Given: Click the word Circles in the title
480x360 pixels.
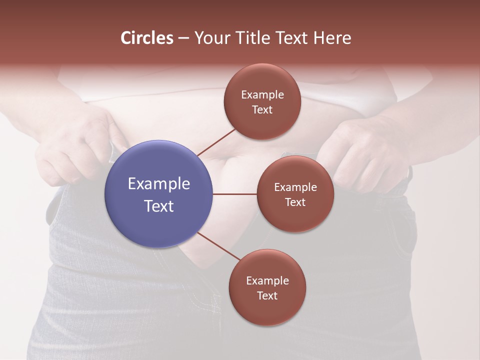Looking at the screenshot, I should coord(146,38).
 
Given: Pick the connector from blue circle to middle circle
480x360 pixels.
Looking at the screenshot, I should coord(235,194).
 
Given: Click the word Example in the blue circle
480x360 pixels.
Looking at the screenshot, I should coord(158,184).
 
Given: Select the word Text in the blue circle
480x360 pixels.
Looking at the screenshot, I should coord(158,206).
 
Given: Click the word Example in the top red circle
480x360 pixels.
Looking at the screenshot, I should coord(262,95).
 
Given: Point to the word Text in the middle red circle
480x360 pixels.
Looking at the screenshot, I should coord(295,202).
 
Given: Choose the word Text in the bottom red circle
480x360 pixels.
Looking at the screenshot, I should coord(267,296).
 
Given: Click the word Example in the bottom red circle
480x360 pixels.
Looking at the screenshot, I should coord(267,281).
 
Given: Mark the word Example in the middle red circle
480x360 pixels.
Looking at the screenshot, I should coord(295,187).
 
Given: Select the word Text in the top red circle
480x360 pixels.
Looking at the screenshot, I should coord(262,110).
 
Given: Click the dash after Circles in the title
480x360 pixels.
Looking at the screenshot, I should coord(183,38).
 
